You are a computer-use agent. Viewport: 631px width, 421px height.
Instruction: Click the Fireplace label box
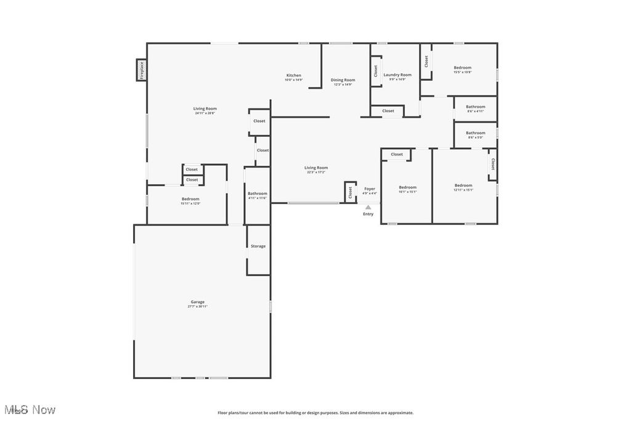(141, 70)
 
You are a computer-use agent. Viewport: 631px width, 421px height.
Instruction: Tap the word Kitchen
(294, 75)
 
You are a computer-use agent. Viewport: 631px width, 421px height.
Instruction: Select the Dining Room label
(343, 80)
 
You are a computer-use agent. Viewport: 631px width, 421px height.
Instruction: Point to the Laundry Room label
(397, 75)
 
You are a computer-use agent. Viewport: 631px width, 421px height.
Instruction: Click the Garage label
(197, 302)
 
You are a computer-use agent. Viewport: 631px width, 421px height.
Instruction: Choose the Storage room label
(258, 246)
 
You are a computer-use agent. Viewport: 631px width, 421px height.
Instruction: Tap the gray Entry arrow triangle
(368, 207)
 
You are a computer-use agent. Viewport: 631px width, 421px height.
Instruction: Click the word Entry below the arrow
(368, 214)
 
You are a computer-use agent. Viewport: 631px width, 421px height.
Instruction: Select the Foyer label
(370, 189)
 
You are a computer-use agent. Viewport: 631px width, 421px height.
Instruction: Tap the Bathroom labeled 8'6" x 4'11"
(475, 107)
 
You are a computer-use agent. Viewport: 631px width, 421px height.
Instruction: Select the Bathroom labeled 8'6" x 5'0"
(475, 133)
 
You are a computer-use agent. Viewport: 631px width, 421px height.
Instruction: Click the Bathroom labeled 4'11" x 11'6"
(257, 194)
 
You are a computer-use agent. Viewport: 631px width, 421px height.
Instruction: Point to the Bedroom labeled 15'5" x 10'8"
(463, 68)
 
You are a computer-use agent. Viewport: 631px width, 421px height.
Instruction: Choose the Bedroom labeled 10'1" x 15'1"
(407, 187)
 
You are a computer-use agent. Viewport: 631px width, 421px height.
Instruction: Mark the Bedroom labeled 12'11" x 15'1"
(463, 186)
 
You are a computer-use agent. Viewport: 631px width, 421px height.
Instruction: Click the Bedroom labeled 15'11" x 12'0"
(190, 198)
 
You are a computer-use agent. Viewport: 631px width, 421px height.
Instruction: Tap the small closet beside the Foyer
(350, 192)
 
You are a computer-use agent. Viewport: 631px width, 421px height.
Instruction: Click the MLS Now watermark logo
(30, 410)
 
